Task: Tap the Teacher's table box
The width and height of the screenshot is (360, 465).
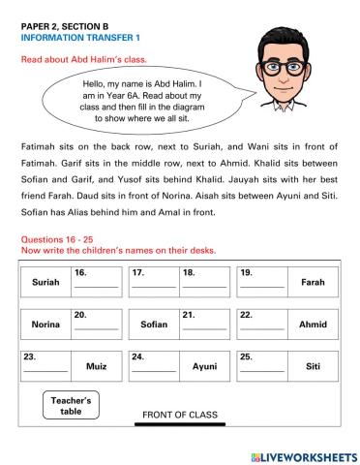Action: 71,405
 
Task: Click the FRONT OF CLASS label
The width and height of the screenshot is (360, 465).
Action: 180,415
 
